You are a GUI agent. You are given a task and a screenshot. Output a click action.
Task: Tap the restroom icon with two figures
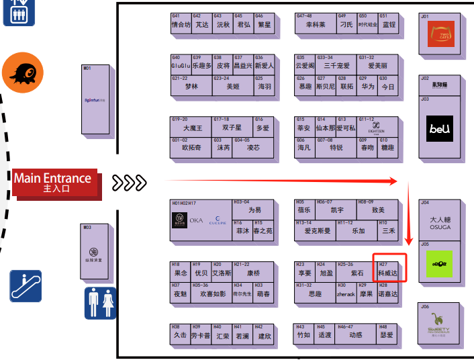pyautogui.click(x=101, y=303)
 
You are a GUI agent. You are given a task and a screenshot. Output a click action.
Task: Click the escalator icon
pyautogui.click(x=26, y=285)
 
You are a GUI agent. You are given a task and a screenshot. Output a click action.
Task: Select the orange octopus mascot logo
pyautogui.click(x=23, y=73)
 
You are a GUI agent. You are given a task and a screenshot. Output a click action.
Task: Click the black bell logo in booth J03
pyautogui.click(x=440, y=128)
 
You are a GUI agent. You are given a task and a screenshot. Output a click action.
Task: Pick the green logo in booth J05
pyautogui.click(x=440, y=265)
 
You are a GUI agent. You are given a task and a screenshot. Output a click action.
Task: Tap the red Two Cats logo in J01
pyautogui.click(x=442, y=34)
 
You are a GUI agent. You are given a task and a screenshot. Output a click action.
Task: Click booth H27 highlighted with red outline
pyautogui.click(x=389, y=270)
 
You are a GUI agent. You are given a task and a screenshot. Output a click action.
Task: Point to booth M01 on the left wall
pyautogui.click(x=96, y=99)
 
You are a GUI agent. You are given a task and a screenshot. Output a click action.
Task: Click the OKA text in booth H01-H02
pyautogui.click(x=196, y=220)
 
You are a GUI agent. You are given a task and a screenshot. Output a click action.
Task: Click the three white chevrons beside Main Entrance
pyautogui.click(x=129, y=182)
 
